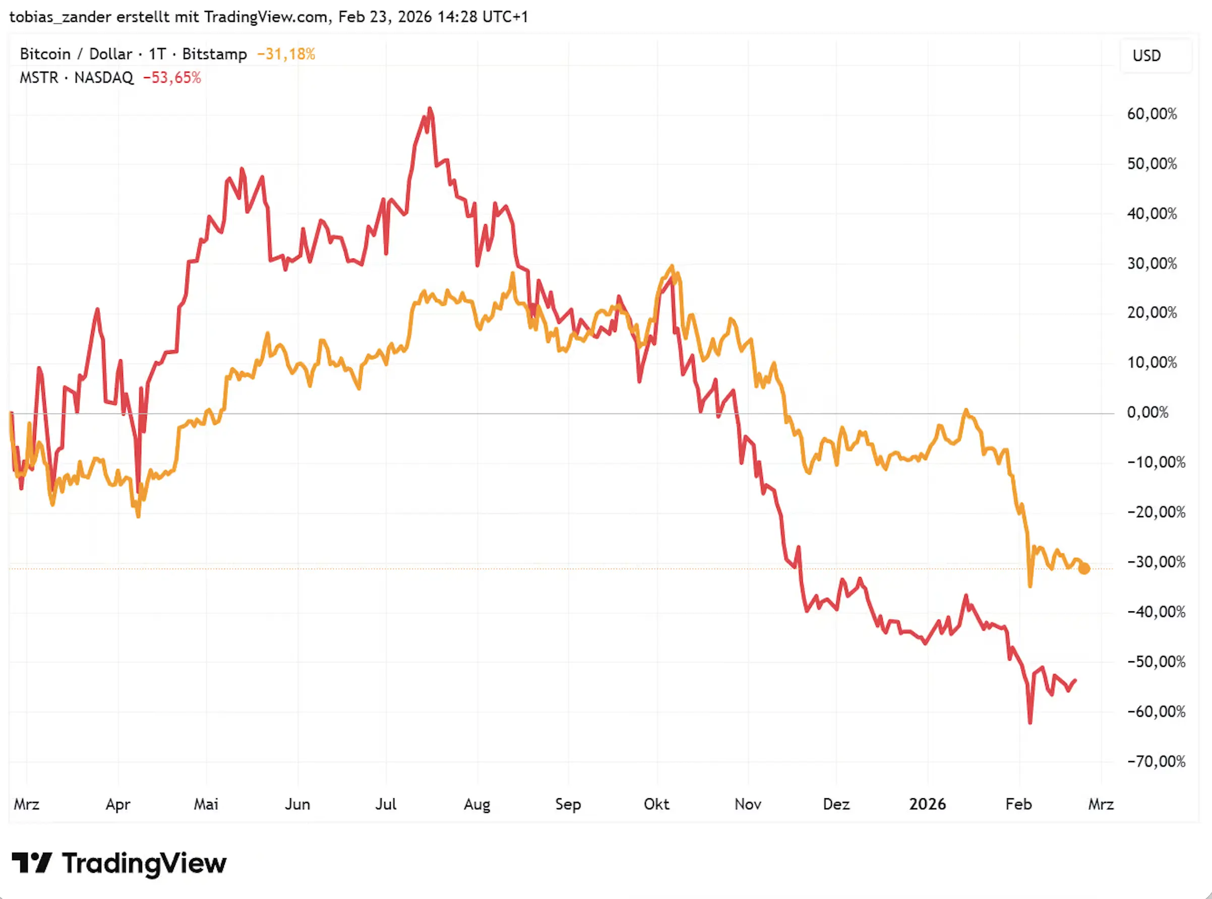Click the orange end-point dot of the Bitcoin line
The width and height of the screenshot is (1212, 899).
click(x=1083, y=568)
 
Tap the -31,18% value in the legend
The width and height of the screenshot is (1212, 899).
click(x=286, y=54)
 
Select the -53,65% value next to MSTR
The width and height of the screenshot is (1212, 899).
click(x=171, y=78)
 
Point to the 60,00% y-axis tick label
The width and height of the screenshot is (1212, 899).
click(x=1152, y=114)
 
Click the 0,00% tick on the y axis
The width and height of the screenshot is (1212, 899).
click(x=1147, y=413)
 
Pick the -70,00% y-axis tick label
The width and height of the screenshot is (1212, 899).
click(x=1156, y=761)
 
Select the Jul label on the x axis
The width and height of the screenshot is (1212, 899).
click(x=386, y=804)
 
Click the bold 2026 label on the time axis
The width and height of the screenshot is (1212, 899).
click(x=927, y=804)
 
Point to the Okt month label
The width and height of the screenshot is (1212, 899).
click(x=656, y=804)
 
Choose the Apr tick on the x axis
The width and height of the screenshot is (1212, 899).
click(x=117, y=804)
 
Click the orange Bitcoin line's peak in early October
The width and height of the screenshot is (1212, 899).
click(x=672, y=266)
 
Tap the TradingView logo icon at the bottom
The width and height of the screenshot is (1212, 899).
click(x=32, y=863)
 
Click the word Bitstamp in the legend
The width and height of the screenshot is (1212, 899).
click(x=214, y=54)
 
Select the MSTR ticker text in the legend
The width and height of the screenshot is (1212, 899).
click(x=39, y=78)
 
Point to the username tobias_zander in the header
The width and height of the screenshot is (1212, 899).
click(x=60, y=17)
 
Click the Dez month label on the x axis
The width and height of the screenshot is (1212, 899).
click(x=836, y=804)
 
